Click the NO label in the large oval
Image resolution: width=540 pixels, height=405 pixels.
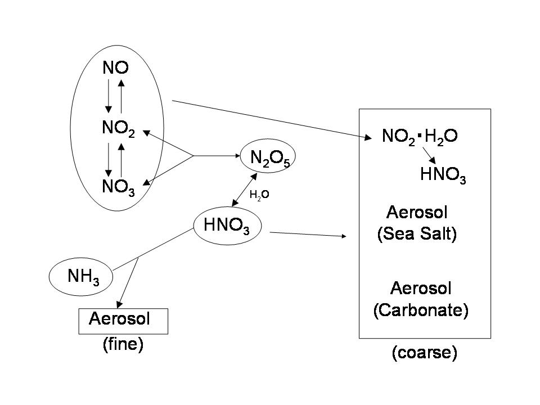click(x=116, y=67)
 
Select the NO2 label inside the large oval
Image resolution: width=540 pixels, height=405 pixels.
click(x=119, y=128)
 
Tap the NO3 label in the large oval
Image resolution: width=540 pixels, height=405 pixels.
click(x=119, y=187)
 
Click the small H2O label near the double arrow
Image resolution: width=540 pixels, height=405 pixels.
click(x=259, y=195)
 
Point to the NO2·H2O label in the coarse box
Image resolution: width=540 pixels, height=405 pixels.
click(x=420, y=137)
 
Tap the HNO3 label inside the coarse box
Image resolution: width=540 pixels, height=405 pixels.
click(x=443, y=175)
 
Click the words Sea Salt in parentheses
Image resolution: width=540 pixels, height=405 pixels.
click(x=417, y=234)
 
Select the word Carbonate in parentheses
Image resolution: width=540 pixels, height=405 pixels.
click(x=421, y=310)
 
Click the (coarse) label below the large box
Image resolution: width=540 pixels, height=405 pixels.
click(x=425, y=353)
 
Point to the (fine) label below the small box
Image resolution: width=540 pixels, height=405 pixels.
click(x=123, y=344)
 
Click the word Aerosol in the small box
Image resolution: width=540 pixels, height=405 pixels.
click(x=119, y=318)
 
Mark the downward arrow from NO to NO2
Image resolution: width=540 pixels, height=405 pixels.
click(x=109, y=96)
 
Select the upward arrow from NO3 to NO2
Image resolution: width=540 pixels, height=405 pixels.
click(x=121, y=160)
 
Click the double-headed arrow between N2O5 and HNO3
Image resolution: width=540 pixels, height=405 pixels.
click(x=245, y=190)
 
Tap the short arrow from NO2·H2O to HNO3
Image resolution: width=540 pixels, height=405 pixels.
click(x=429, y=155)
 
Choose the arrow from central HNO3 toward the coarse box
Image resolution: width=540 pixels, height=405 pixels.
click(x=308, y=235)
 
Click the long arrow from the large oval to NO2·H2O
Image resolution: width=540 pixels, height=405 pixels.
click(x=272, y=119)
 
